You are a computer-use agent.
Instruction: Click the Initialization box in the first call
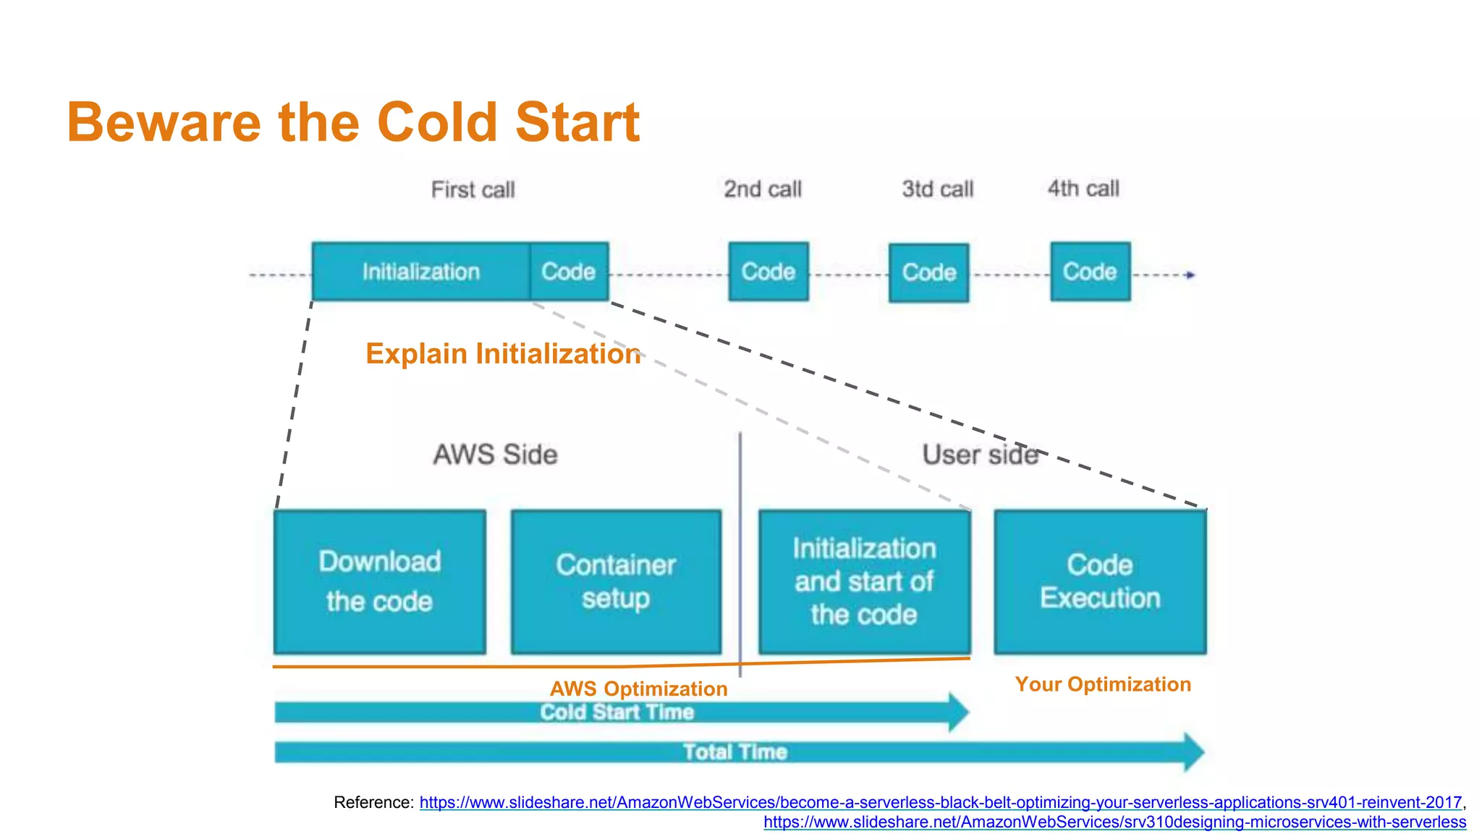click(x=420, y=271)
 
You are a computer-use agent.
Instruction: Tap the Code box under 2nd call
click(x=768, y=271)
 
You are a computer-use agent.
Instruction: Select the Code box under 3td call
click(x=928, y=273)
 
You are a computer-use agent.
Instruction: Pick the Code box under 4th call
click(x=1090, y=271)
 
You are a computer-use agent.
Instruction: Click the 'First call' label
click(x=473, y=190)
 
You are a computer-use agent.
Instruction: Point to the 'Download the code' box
click(x=379, y=581)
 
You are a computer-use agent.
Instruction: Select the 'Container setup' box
click(x=616, y=581)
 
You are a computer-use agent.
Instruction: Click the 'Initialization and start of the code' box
click(x=864, y=581)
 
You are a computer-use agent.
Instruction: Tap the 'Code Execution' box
click(x=1100, y=581)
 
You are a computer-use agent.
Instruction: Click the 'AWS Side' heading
click(x=495, y=455)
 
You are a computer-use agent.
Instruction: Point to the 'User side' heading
click(x=980, y=455)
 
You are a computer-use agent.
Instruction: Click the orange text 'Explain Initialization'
click(x=503, y=354)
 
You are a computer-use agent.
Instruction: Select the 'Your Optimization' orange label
click(x=1102, y=684)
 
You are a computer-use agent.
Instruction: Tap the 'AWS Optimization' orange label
click(x=638, y=688)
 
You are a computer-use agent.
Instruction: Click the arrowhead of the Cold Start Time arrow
click(x=959, y=712)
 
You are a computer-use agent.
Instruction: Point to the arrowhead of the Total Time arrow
click(x=1194, y=752)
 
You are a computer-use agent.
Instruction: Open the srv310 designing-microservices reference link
click(x=1114, y=822)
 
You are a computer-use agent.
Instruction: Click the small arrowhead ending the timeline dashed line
click(x=1190, y=275)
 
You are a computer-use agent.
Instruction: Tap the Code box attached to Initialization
click(x=569, y=271)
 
